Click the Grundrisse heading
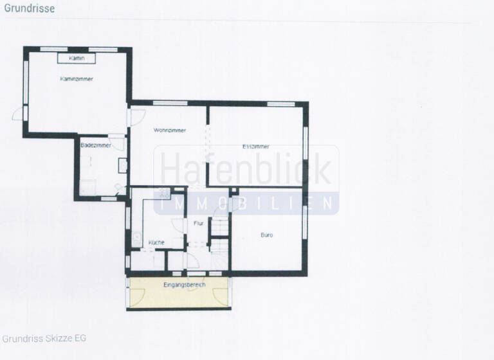(x=29, y=9)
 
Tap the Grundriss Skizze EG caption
(x=44, y=338)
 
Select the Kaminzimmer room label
(x=77, y=79)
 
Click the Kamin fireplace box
(x=77, y=59)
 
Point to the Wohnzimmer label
(x=170, y=130)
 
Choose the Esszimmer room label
(x=256, y=147)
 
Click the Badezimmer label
(x=96, y=146)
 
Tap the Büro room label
(x=266, y=235)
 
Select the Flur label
(x=198, y=223)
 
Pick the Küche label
(x=156, y=242)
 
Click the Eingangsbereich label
(x=184, y=284)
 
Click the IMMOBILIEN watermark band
(x=247, y=203)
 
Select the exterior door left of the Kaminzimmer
(x=19, y=114)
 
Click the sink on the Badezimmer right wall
(x=123, y=165)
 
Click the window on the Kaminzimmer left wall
(x=26, y=81)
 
